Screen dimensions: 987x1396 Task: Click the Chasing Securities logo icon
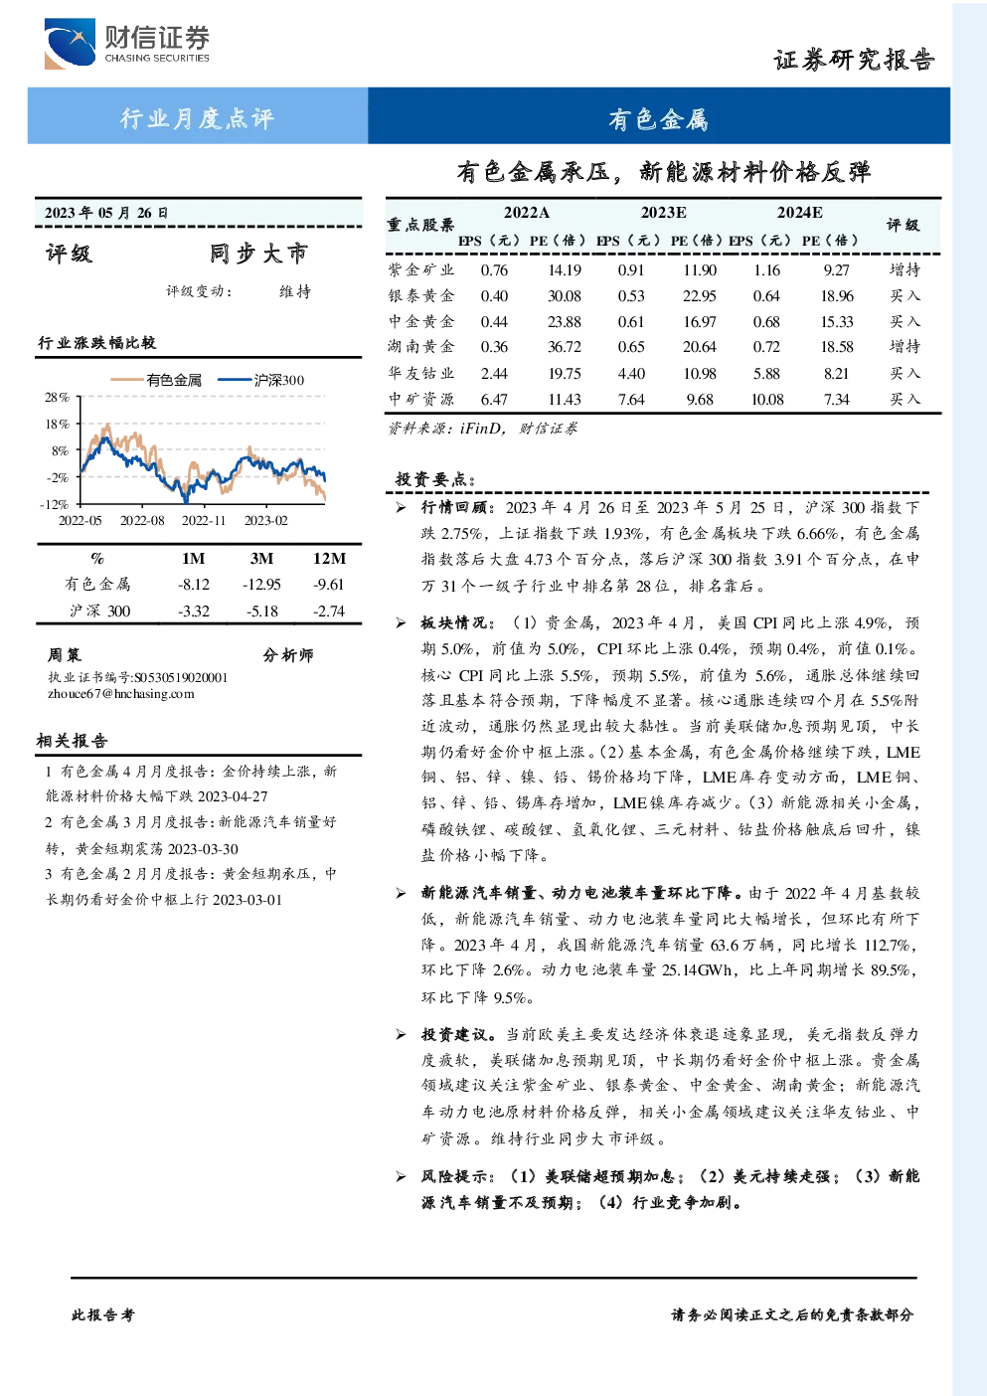point(70,43)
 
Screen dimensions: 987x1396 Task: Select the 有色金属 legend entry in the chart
point(156,380)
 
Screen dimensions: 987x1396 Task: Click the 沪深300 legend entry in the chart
point(261,380)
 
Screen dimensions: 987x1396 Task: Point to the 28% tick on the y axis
point(57,397)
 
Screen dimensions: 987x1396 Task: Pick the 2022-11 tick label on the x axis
point(203,520)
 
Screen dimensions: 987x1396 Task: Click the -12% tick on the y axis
point(55,504)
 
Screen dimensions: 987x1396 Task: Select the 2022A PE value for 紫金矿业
point(564,269)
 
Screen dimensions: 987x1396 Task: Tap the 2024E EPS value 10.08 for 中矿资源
point(766,400)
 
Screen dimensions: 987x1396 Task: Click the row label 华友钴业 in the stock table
point(421,373)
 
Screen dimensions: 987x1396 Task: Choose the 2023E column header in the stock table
point(664,213)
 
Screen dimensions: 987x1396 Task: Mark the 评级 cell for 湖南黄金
point(905,346)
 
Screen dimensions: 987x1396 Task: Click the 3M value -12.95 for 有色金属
point(261,585)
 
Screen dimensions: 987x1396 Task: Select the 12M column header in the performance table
point(329,559)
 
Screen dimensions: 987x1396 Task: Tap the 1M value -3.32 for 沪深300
point(194,611)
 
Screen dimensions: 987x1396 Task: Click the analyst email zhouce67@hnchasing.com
point(121,694)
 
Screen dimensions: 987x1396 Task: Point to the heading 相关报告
point(72,741)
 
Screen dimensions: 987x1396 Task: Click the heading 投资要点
point(435,479)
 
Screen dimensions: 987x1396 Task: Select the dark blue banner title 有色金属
point(659,119)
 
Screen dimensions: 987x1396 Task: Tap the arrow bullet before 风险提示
point(401,1176)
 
